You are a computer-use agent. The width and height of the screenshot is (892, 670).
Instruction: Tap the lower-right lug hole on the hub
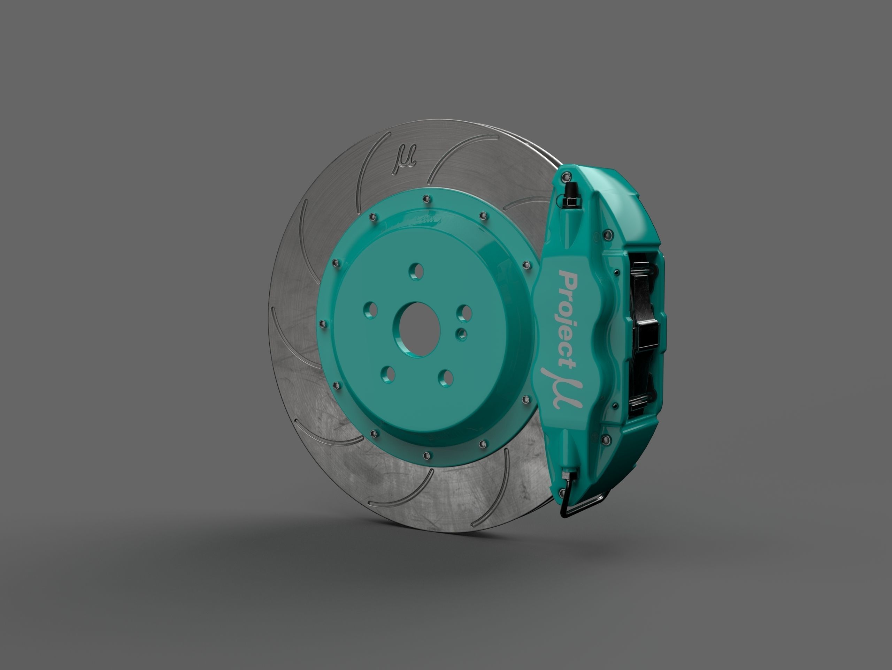445,376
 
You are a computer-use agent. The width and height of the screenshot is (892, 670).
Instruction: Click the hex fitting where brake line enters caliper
569,475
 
